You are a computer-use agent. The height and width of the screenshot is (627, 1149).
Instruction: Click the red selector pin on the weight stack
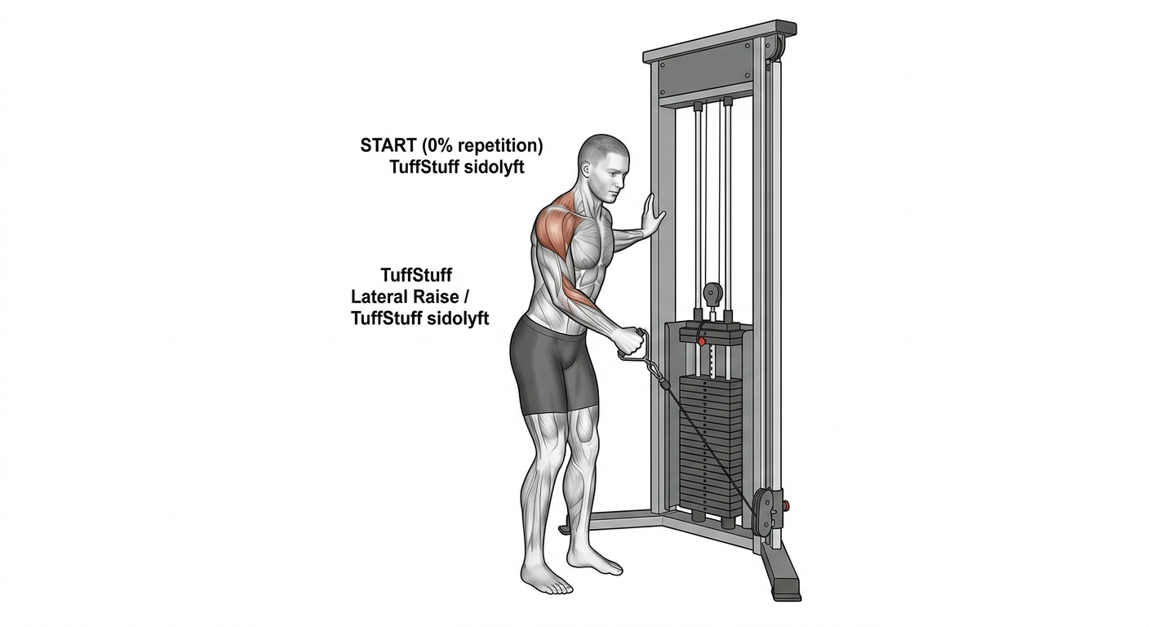click(701, 341)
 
